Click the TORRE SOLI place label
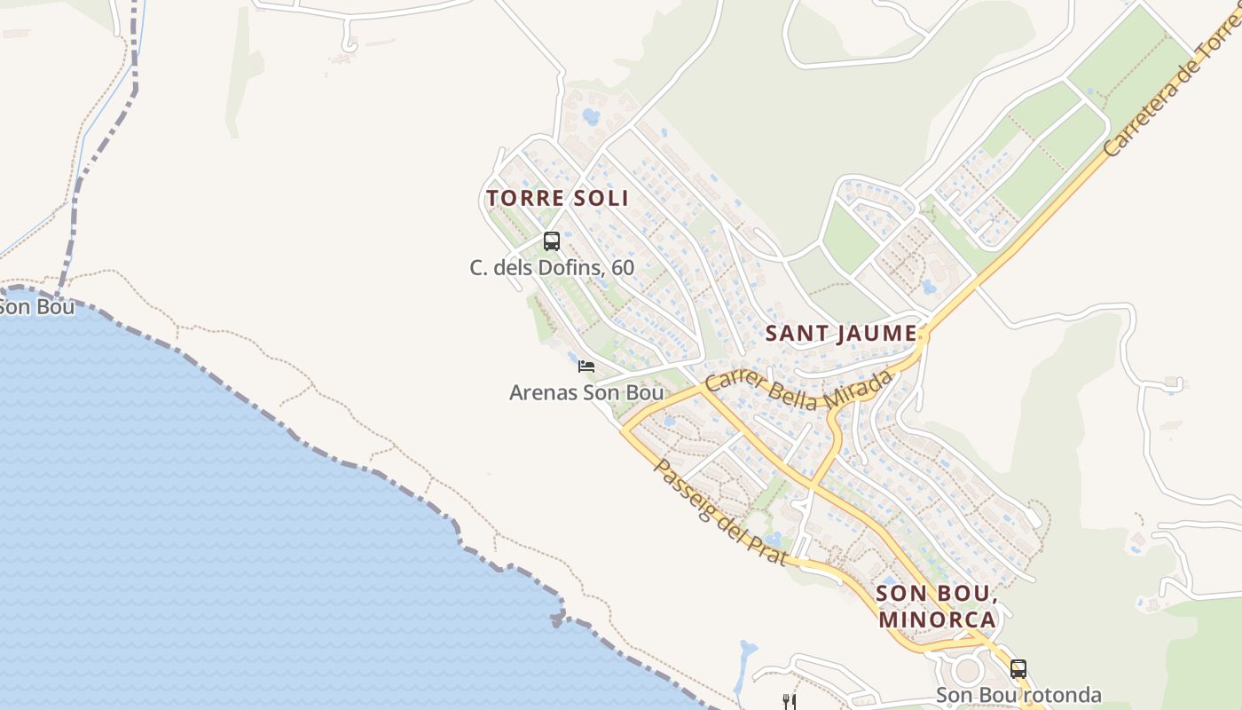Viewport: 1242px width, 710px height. tap(557, 198)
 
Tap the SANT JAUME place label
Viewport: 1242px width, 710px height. tap(840, 334)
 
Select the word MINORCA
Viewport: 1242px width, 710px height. tap(937, 619)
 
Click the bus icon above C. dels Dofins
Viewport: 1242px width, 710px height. tap(552, 241)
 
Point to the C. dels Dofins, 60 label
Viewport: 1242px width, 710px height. tap(552, 267)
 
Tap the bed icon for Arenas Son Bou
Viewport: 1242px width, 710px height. tap(586, 366)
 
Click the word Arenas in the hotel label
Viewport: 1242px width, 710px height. tap(543, 392)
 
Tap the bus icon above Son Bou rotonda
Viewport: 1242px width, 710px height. tap(1018, 668)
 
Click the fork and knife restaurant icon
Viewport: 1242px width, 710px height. tap(790, 702)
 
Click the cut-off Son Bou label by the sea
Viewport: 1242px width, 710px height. tap(35, 307)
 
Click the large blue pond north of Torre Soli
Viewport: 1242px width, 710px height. tap(591, 116)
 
